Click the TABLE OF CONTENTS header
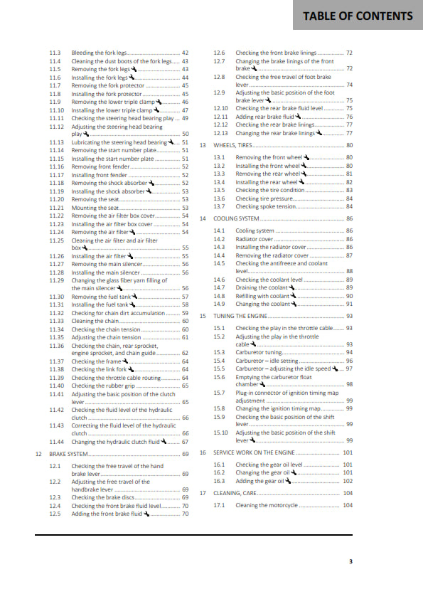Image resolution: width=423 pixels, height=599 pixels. click(x=358, y=16)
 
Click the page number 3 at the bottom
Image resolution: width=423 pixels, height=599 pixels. click(x=350, y=561)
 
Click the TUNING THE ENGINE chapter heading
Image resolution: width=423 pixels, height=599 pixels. click(x=242, y=316)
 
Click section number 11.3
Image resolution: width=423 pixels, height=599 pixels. click(x=55, y=53)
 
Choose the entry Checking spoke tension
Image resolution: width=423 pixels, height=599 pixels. click(x=266, y=207)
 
